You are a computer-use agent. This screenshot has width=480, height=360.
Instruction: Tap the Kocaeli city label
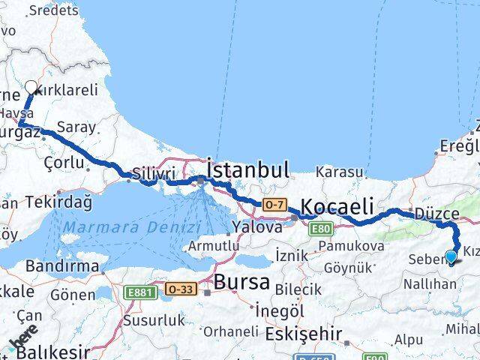(x=338, y=206)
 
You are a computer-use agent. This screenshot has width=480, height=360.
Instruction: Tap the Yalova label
(x=256, y=226)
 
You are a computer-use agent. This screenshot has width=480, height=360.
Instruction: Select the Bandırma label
(x=62, y=265)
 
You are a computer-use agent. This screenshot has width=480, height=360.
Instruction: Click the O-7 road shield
(x=273, y=204)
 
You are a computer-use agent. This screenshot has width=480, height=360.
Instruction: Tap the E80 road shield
(x=321, y=228)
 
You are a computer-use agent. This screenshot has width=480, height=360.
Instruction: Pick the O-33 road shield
(x=180, y=288)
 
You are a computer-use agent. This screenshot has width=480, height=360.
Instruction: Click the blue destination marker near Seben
(x=451, y=258)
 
